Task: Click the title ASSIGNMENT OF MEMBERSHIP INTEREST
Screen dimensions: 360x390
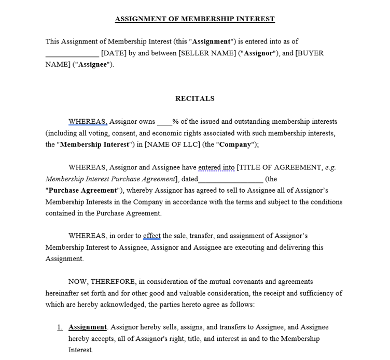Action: [x=194, y=19]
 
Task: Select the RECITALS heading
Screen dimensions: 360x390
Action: [x=194, y=98]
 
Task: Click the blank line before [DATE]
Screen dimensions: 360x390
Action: [x=72, y=53]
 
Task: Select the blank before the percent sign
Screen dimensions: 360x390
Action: [x=164, y=122]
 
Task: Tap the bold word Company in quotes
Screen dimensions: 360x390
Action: [x=235, y=145]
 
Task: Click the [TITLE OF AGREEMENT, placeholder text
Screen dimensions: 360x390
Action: [x=280, y=167]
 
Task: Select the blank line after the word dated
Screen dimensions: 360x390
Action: [x=231, y=179]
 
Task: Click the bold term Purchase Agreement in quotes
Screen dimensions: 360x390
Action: [x=83, y=191]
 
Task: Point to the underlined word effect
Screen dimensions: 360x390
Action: [x=152, y=236]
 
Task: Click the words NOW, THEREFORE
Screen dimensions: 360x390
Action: [x=102, y=282]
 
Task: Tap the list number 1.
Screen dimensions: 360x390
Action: [x=60, y=327]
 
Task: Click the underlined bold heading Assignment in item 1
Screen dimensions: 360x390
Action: [x=88, y=327]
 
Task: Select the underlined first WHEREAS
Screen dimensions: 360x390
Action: [x=88, y=122]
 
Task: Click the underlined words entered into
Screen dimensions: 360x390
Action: [x=216, y=167]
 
